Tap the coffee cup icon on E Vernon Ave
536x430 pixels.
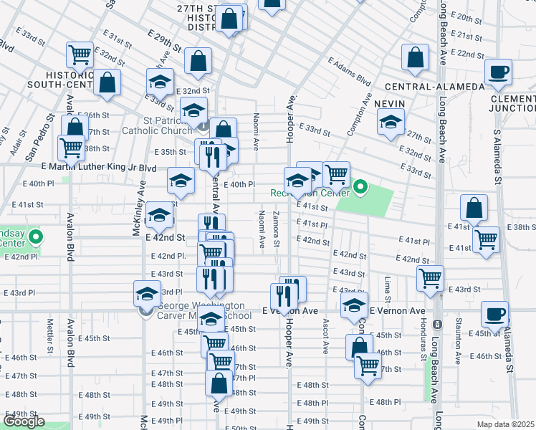coord(494,314)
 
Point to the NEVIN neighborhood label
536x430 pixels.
coord(390,104)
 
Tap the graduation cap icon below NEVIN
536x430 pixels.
coord(390,124)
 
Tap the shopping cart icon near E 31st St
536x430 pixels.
coord(80,54)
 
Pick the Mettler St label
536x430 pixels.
coord(51,337)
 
